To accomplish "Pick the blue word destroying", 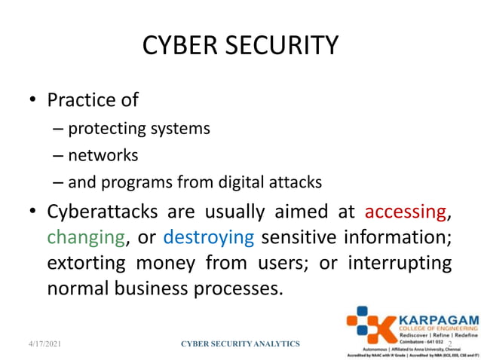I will pos(209,238).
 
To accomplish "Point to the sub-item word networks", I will pos(103,155).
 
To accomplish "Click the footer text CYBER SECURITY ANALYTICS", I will pos(241,344).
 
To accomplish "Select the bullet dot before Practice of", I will pos(32,101).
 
